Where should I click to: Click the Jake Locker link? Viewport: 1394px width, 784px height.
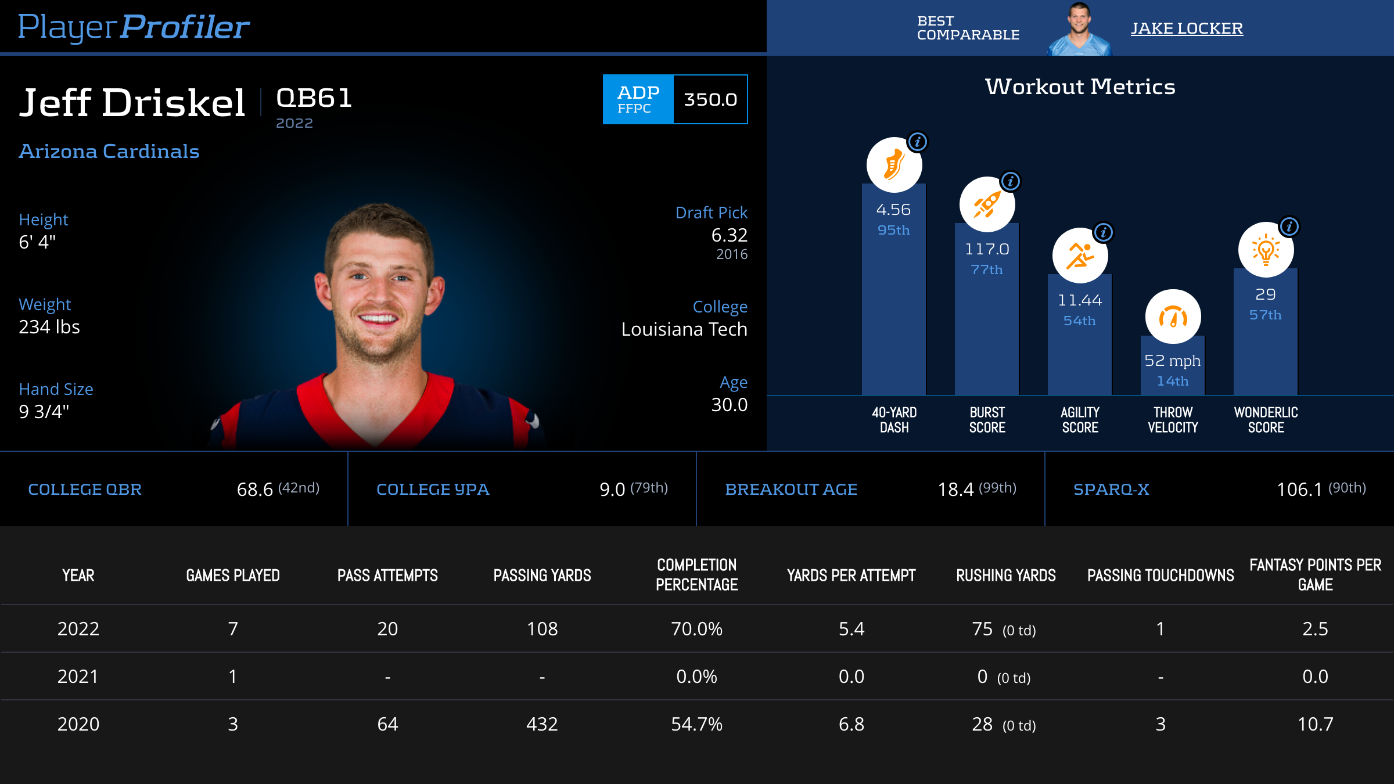tap(1186, 28)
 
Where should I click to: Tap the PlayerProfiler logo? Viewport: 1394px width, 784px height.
tap(134, 27)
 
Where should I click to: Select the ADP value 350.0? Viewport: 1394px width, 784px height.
tap(710, 99)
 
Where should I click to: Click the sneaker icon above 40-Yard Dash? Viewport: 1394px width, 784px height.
tap(894, 165)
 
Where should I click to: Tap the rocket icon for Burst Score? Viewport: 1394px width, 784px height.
tap(987, 204)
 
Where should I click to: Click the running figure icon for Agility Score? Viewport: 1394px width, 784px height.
tap(1080, 256)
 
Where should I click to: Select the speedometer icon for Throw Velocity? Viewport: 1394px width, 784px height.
tap(1173, 317)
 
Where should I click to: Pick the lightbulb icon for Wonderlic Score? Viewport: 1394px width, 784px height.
tap(1266, 250)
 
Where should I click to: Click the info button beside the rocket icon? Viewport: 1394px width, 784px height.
tap(1011, 181)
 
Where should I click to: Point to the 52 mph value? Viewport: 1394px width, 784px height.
tap(1172, 361)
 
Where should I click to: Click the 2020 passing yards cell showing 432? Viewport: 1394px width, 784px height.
tap(542, 724)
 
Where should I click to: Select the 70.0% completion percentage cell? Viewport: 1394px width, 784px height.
tap(696, 629)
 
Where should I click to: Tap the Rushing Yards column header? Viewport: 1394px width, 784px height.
tap(1006, 576)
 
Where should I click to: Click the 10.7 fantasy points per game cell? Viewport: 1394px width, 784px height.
tap(1315, 724)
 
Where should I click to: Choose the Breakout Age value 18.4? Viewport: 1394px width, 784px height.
tap(955, 490)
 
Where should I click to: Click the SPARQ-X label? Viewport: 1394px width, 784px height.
tap(1111, 490)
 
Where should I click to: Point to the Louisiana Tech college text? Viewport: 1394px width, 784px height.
tap(684, 329)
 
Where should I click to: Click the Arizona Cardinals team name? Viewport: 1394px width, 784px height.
tap(109, 152)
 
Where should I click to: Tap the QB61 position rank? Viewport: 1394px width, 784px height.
tap(314, 98)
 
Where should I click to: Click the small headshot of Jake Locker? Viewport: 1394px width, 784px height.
tap(1079, 29)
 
